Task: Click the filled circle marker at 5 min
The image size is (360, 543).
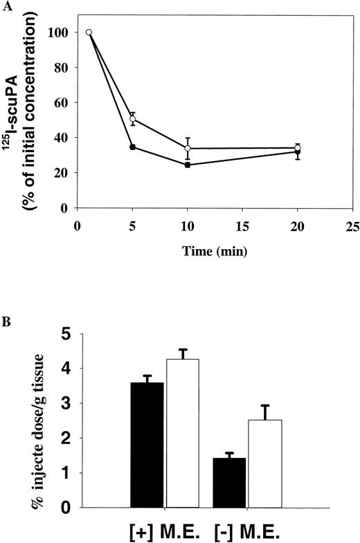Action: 132,147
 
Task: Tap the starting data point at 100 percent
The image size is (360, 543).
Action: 89,33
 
